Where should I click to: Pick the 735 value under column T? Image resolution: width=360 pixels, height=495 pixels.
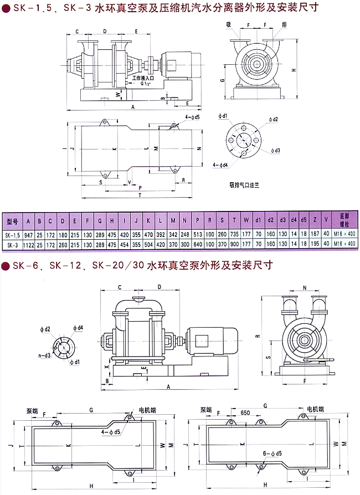click(x=234, y=234)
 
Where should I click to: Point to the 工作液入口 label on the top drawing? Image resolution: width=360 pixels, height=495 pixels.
click(x=144, y=80)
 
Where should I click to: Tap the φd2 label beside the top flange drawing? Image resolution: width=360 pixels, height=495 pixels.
click(x=272, y=119)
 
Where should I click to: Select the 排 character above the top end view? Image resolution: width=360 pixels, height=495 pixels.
click(x=284, y=25)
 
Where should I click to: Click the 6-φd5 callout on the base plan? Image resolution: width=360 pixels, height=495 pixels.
click(x=272, y=454)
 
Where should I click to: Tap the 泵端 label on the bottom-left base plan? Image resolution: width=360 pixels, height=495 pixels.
click(x=32, y=411)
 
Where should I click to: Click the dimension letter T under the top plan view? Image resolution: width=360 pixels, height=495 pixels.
click(x=140, y=195)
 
